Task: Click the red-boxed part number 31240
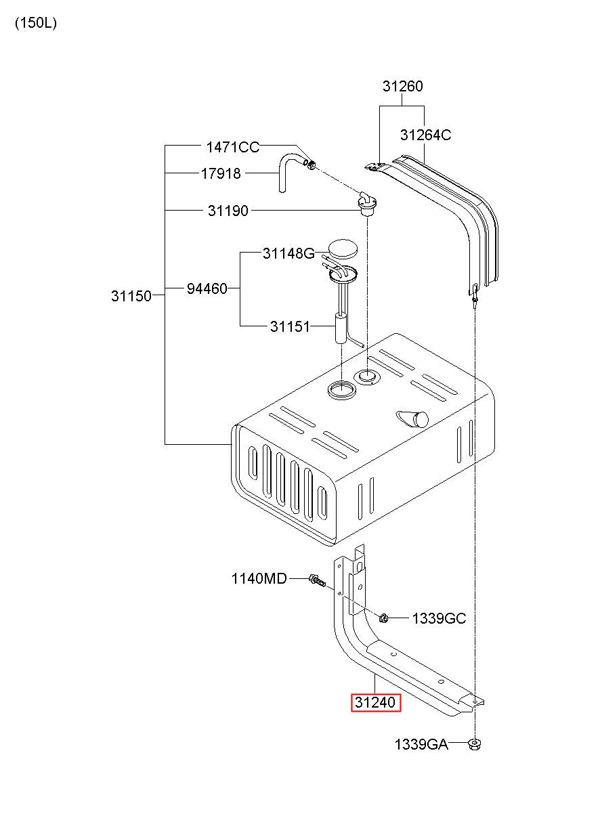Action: click(x=375, y=702)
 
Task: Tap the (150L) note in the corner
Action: click(x=36, y=24)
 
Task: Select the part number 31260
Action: click(x=403, y=86)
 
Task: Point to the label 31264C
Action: click(x=425, y=135)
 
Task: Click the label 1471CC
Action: click(x=233, y=148)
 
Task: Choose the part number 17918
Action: click(x=221, y=173)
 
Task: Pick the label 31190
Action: click(x=228, y=211)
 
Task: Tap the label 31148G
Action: click(x=289, y=253)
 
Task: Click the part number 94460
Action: click(x=207, y=289)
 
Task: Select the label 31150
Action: click(x=131, y=296)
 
